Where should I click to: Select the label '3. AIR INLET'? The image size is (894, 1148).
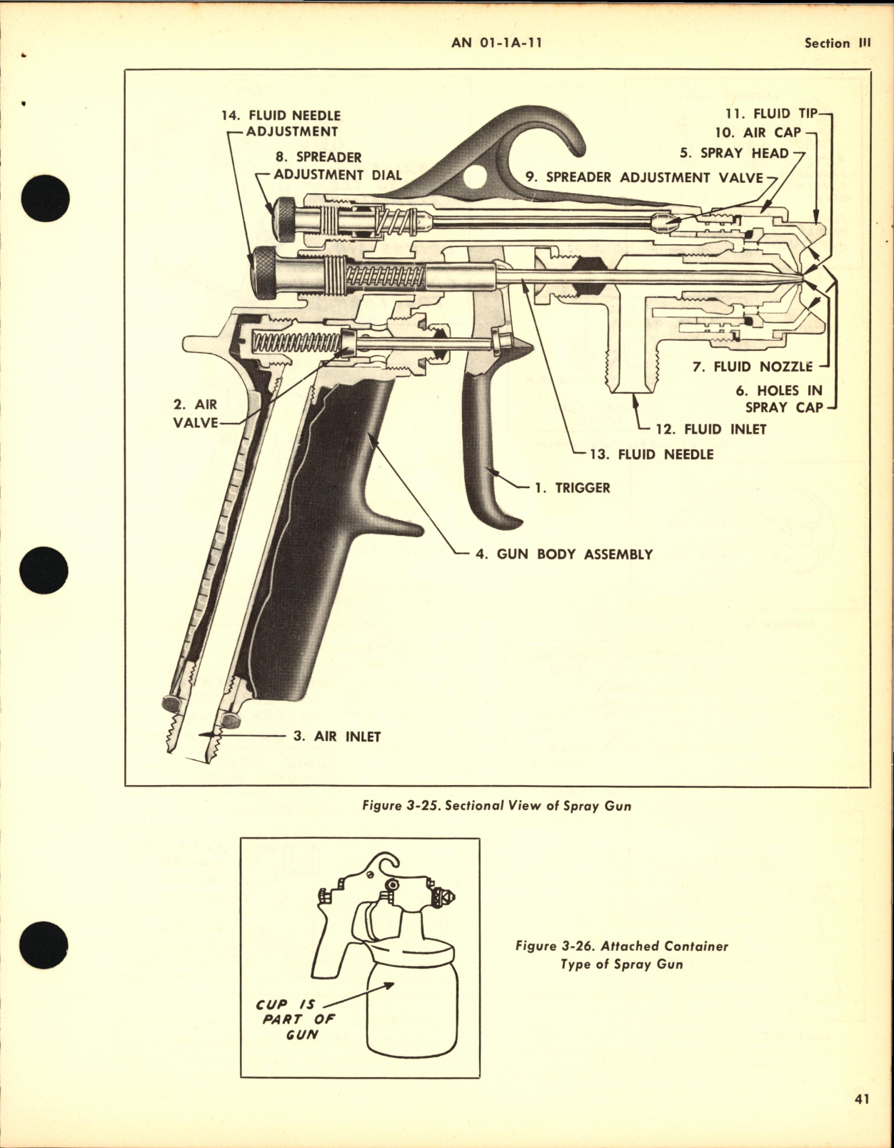tap(336, 737)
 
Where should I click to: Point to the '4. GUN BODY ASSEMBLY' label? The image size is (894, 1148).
tap(563, 554)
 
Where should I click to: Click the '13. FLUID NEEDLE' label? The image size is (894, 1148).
tap(651, 454)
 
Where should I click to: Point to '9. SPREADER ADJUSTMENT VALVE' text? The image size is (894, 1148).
tap(644, 178)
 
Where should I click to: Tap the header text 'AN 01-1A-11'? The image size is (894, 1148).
tap(497, 43)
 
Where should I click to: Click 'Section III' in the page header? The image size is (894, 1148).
tap(837, 44)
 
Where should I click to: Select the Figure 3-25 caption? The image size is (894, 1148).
tap(496, 806)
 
